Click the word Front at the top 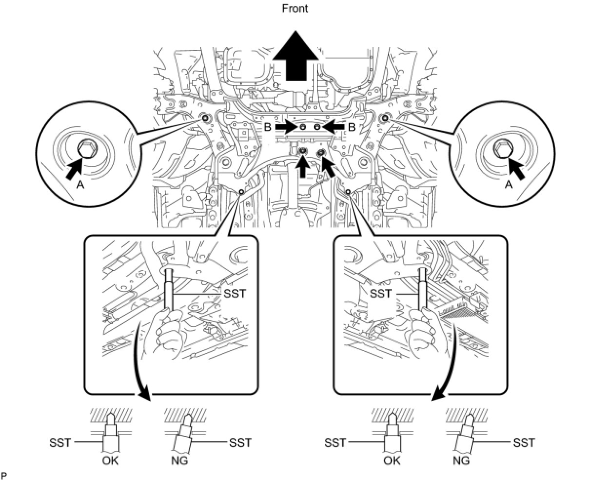pyautogui.click(x=295, y=8)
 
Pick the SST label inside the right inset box pyautogui.click(x=380, y=294)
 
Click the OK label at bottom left pyautogui.click(x=110, y=460)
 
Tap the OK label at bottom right pyautogui.click(x=392, y=460)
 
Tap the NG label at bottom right pyautogui.click(x=461, y=460)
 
